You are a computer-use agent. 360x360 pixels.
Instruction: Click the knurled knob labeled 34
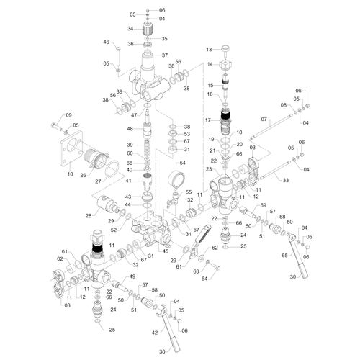click(x=148, y=29)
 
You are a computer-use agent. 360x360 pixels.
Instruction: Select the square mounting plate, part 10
click(x=71, y=148)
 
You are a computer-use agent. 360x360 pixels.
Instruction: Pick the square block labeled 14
click(x=226, y=64)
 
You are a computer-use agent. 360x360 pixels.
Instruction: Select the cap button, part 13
click(x=225, y=49)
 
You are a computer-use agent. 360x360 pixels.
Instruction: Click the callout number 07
click(x=264, y=119)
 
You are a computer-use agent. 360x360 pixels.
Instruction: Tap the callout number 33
click(x=286, y=180)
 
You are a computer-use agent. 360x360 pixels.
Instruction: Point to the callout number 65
click(x=284, y=256)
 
